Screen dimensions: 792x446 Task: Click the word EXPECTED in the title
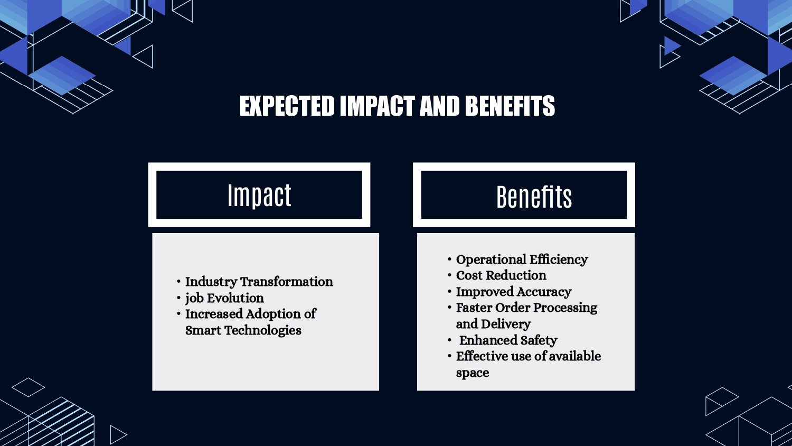(287, 106)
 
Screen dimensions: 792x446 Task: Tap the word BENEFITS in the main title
(510, 106)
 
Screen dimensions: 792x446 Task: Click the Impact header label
(260, 196)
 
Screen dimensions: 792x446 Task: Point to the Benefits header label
(534, 197)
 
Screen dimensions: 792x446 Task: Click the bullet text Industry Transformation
(259, 282)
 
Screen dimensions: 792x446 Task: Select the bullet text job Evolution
(224, 298)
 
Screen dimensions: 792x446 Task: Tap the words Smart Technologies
(243, 330)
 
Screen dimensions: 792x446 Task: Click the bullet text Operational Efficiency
(522, 259)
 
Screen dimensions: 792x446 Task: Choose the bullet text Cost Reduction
(501, 275)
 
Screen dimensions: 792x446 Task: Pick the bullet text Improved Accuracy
(514, 292)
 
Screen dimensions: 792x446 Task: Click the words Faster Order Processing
(526, 308)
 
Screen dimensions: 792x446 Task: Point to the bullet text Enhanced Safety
(508, 340)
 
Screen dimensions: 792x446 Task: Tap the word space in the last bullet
(473, 373)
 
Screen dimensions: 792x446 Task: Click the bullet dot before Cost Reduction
(449, 275)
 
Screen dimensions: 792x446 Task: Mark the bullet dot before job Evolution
(178, 298)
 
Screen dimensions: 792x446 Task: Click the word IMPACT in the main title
(378, 106)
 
